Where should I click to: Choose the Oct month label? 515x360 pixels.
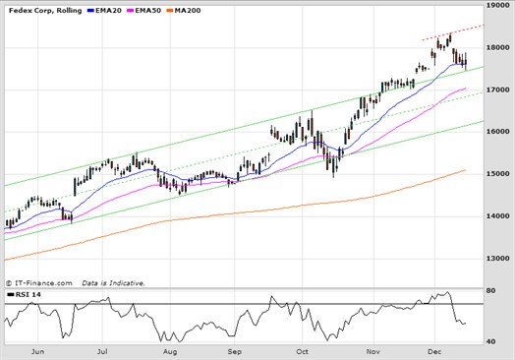click(x=303, y=350)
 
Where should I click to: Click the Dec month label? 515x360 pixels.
click(x=434, y=350)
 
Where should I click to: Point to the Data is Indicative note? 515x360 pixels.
click(x=113, y=282)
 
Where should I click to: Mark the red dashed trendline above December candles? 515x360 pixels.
click(x=452, y=32)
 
